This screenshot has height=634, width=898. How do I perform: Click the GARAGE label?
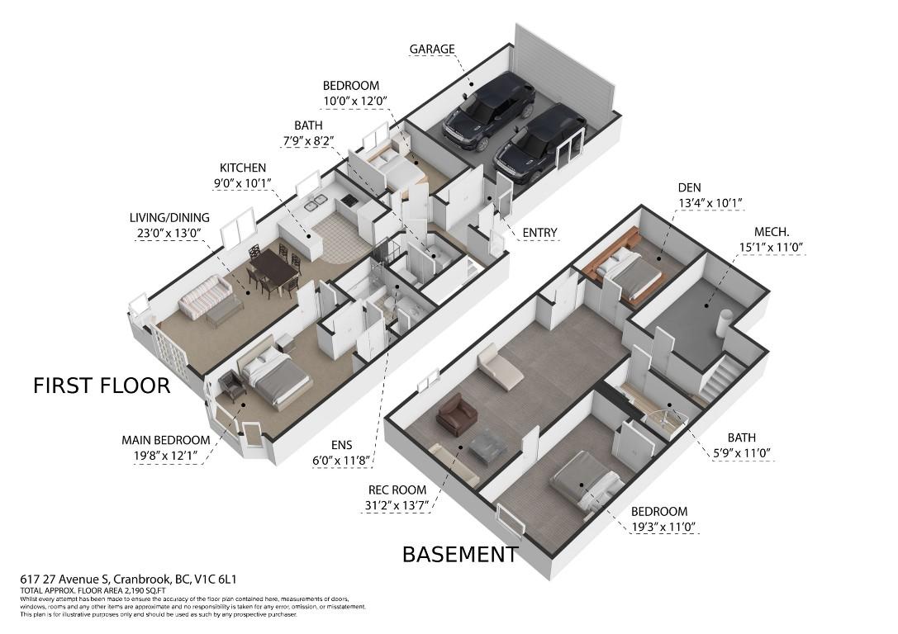pos(432,50)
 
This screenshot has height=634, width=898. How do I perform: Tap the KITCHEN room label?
pos(243,168)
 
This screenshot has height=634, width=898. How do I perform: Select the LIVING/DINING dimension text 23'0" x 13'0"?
pos(169,232)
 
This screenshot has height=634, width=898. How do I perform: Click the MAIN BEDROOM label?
pos(165,441)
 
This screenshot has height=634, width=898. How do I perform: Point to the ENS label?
pos(341,445)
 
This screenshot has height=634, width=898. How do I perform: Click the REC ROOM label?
pos(397,490)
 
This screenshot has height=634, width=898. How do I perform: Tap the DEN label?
pos(689,187)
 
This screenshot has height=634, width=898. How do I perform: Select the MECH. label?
pos(772,232)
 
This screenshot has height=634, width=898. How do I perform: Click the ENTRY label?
pos(539,233)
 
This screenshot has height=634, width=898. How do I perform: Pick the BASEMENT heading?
pos(460,555)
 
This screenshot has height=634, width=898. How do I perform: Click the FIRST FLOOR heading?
pos(102,385)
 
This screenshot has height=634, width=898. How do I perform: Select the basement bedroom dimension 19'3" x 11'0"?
pos(664,527)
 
